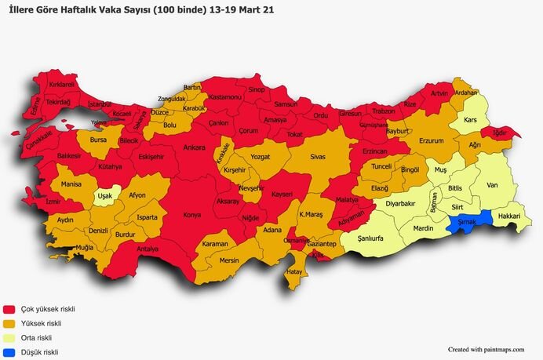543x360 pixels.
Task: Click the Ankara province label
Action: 194,147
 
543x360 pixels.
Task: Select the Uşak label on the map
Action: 104,197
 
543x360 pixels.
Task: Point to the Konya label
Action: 191,215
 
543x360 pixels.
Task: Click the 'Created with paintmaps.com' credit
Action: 484,350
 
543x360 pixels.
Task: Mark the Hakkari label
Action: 509,215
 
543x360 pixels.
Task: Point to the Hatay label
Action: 294,271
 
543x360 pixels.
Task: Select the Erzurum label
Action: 431,141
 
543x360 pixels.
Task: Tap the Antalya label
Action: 148,249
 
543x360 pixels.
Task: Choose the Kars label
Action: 471,120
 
